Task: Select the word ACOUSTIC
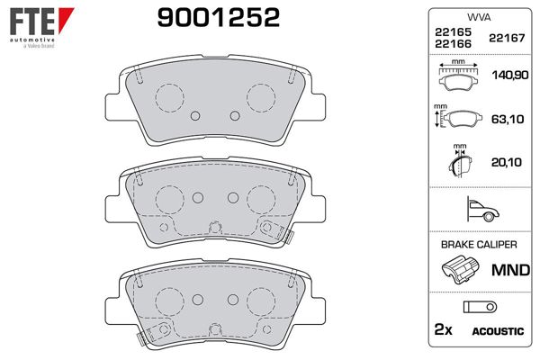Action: pos(498,331)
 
